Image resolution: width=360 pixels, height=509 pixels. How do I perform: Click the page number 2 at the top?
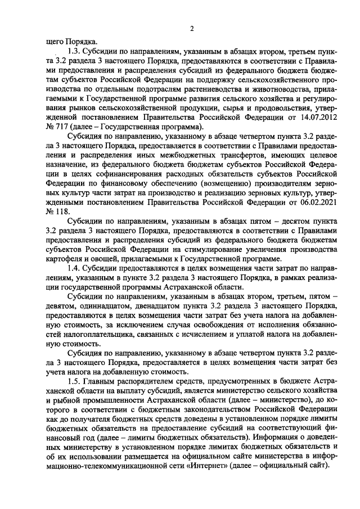coord(192,29)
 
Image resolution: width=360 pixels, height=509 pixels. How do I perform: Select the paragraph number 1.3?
coord(73,49)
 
